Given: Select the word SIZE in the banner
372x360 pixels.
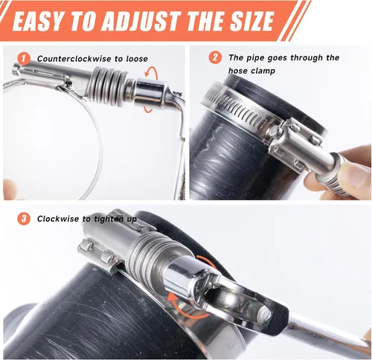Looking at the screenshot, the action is [250, 21].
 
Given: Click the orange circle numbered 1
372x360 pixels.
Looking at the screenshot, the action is [24, 59].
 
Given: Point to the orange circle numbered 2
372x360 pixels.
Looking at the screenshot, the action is [215, 58].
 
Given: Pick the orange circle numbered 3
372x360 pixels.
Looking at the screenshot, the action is [24, 219].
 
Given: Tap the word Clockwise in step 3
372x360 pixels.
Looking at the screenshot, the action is [58, 219].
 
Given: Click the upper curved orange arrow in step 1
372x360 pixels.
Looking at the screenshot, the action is [152, 72].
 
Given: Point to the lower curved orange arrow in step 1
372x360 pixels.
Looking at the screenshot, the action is [149, 109].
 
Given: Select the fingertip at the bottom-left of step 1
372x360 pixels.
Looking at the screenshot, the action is [10, 189].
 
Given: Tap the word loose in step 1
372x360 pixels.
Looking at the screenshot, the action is [137, 59].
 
